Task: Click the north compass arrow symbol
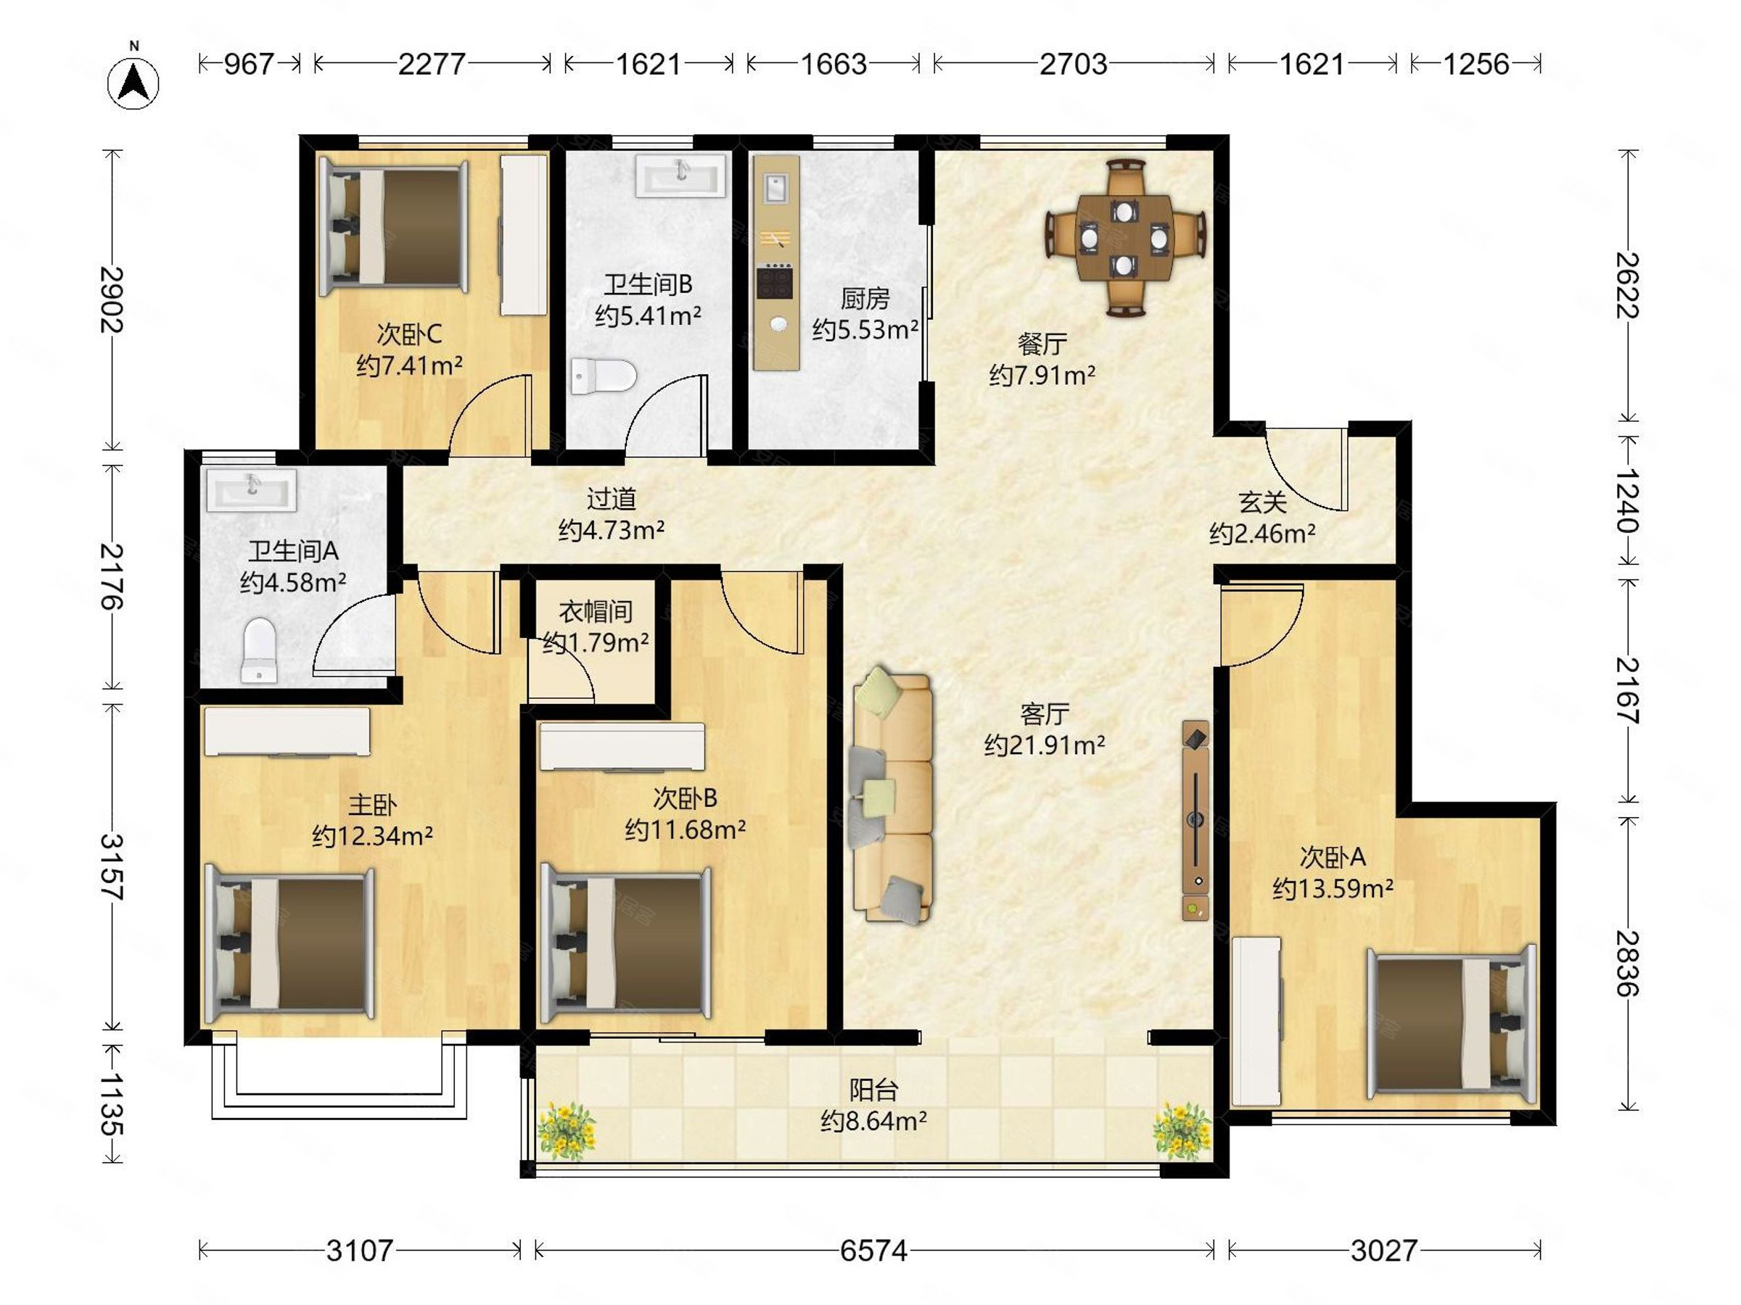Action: coord(133,82)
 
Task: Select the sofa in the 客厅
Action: coord(891,795)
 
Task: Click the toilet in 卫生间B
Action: coord(603,376)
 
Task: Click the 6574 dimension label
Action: coord(873,1250)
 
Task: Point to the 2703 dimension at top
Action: coord(1073,64)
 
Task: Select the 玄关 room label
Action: coord(1262,502)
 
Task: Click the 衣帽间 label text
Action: coord(596,611)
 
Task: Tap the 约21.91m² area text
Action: coord(1045,745)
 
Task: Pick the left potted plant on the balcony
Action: coord(566,1130)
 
